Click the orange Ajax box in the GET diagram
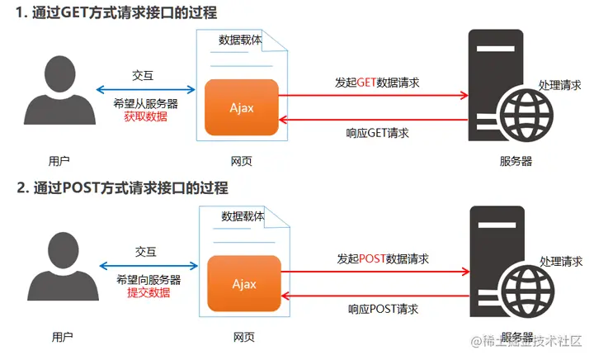[241, 107]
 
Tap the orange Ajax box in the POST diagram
[244, 283]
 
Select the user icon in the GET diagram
[60, 90]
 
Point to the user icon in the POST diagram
[64, 267]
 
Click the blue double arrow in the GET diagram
[146, 90]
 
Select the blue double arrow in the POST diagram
[148, 266]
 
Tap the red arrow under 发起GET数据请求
[374, 95]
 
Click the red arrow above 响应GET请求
[374, 120]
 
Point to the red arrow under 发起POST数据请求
[375, 272]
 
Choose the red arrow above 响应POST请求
[375, 296]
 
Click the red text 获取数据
[146, 116]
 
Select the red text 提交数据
[148, 292]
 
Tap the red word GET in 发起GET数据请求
[366, 83]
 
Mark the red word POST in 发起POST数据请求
[372, 258]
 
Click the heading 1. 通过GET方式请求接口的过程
[116, 13]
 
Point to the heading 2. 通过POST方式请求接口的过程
[123, 188]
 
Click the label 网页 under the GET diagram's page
[241, 162]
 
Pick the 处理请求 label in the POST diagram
[561, 262]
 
